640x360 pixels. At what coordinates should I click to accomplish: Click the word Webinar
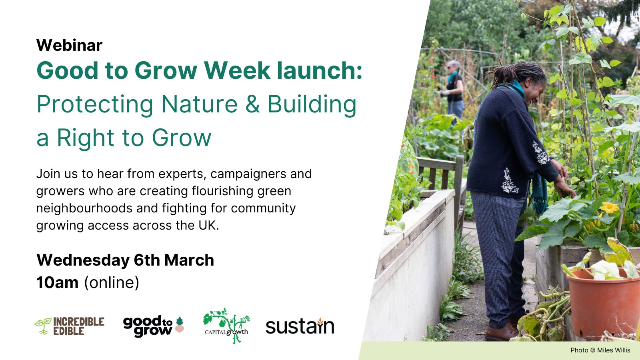pyautogui.click(x=69, y=45)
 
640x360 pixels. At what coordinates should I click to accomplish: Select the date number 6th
pyautogui.click(x=147, y=260)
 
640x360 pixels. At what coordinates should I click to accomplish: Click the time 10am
pyautogui.click(x=57, y=283)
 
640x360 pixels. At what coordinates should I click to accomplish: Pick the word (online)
pyautogui.click(x=111, y=283)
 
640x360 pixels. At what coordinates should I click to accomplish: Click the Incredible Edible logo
pyautogui.click(x=70, y=326)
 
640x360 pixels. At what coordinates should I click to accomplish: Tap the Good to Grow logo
pyautogui.click(x=153, y=326)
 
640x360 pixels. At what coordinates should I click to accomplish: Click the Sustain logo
pyautogui.click(x=300, y=326)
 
